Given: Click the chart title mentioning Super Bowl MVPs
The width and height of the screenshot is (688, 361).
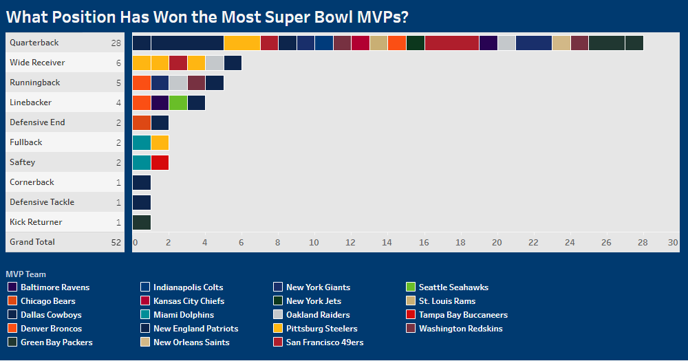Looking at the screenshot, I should (206, 17).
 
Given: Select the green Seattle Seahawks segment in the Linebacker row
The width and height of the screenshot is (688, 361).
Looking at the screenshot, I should (178, 103).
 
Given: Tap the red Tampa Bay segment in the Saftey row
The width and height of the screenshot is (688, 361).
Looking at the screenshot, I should (160, 163).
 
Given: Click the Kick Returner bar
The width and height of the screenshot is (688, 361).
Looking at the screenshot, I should (142, 223).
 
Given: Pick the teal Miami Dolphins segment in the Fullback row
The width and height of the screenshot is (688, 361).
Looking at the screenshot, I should (142, 143).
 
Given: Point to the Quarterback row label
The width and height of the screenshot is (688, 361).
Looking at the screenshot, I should (34, 43).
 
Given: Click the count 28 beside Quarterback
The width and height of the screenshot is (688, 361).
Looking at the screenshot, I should (116, 43).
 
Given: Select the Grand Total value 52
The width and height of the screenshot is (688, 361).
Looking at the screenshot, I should (116, 242).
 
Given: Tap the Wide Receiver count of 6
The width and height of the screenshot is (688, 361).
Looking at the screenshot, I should (118, 63).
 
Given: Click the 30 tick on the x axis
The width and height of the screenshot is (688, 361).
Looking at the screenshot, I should (673, 243).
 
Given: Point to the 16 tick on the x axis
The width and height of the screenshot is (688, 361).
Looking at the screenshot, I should (424, 243).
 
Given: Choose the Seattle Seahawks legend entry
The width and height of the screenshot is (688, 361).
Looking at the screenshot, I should (453, 287).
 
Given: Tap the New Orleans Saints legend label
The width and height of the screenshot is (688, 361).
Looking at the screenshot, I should (191, 342).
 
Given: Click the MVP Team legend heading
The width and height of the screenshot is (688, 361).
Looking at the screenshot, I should (25, 274).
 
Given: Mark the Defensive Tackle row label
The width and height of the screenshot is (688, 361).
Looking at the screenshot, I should (42, 202).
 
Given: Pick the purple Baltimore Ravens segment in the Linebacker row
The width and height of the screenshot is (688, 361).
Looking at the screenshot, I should (160, 103).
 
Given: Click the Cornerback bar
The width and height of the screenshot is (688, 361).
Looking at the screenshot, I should (142, 183).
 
